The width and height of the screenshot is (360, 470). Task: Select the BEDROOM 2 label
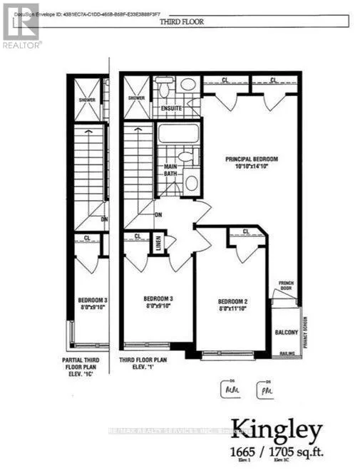(x=232, y=301)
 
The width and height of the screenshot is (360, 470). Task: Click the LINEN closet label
(x=159, y=243)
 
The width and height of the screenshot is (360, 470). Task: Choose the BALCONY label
(x=286, y=332)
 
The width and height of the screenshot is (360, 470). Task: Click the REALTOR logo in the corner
(x=21, y=25)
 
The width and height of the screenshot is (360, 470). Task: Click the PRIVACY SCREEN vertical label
(x=304, y=330)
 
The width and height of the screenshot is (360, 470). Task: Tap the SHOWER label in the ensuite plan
(x=136, y=98)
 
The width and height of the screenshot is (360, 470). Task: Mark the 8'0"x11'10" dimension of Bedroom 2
(x=232, y=310)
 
